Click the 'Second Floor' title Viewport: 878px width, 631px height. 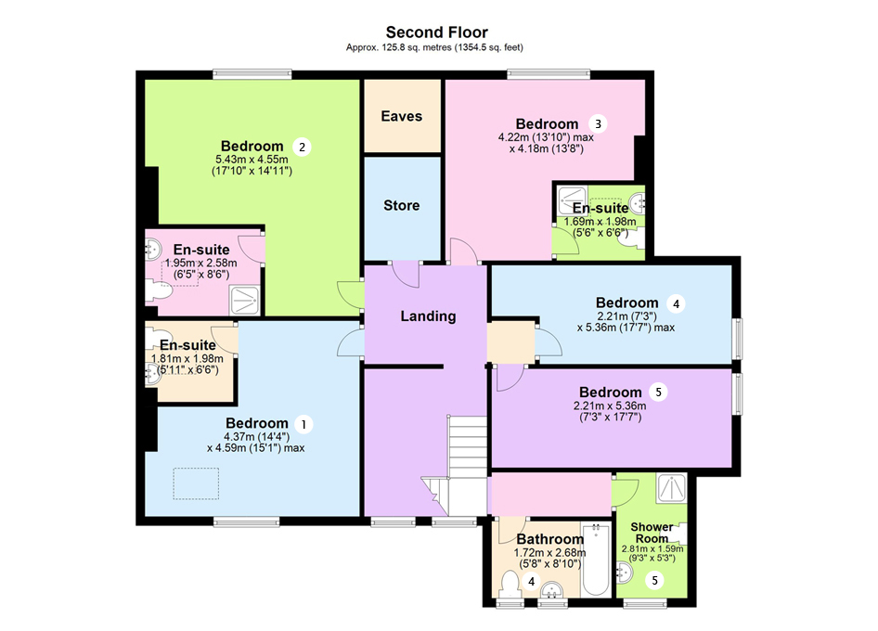[436, 32]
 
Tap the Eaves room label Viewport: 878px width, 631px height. [401, 116]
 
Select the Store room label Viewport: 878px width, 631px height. [401, 205]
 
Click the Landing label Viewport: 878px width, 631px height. [428, 315]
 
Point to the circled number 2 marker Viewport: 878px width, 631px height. [300, 147]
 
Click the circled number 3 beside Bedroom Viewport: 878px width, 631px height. [599, 123]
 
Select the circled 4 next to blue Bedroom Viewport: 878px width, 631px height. [677, 303]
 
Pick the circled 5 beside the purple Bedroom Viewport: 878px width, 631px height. [659, 393]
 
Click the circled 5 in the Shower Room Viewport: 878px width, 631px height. [655, 581]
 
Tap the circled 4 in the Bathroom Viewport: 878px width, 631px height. [532, 582]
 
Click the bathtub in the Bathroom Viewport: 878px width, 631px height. [595, 563]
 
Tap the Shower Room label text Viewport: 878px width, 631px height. [652, 533]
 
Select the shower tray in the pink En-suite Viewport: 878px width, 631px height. [245, 298]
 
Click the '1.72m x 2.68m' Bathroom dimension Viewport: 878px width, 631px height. [548, 552]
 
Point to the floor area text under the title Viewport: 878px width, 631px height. [436, 47]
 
